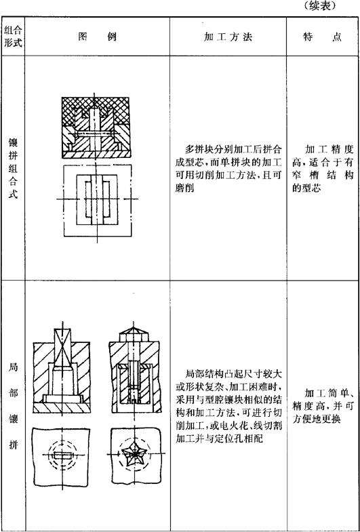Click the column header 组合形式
[x=13, y=37]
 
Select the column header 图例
[x=98, y=37]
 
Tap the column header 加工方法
[x=228, y=37]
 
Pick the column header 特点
[x=322, y=37]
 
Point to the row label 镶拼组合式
[x=13, y=171]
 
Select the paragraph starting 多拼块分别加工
[x=228, y=169]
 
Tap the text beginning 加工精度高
[x=323, y=169]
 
